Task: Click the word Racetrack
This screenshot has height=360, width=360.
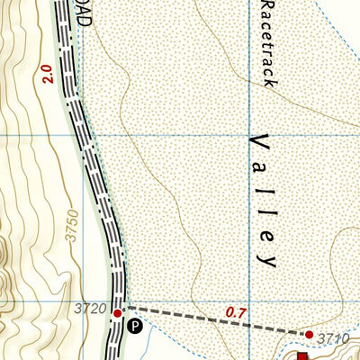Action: [265, 43]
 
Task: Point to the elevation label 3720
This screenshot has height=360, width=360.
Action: [93, 310]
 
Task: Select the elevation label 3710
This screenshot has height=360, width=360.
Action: [333, 338]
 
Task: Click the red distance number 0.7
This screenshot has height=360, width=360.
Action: [237, 312]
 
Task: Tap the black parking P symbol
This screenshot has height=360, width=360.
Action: [134, 326]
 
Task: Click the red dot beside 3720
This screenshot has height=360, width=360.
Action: [117, 312]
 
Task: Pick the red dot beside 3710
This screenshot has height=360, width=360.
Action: [309, 334]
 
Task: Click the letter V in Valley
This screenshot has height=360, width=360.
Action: [261, 142]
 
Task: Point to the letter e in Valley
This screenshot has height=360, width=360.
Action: [266, 235]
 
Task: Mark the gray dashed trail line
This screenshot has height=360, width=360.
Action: [207, 321]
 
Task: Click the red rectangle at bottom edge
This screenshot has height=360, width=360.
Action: [302, 355]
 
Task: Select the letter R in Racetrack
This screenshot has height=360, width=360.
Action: [265, 7]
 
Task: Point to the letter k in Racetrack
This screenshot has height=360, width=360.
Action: [265, 80]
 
